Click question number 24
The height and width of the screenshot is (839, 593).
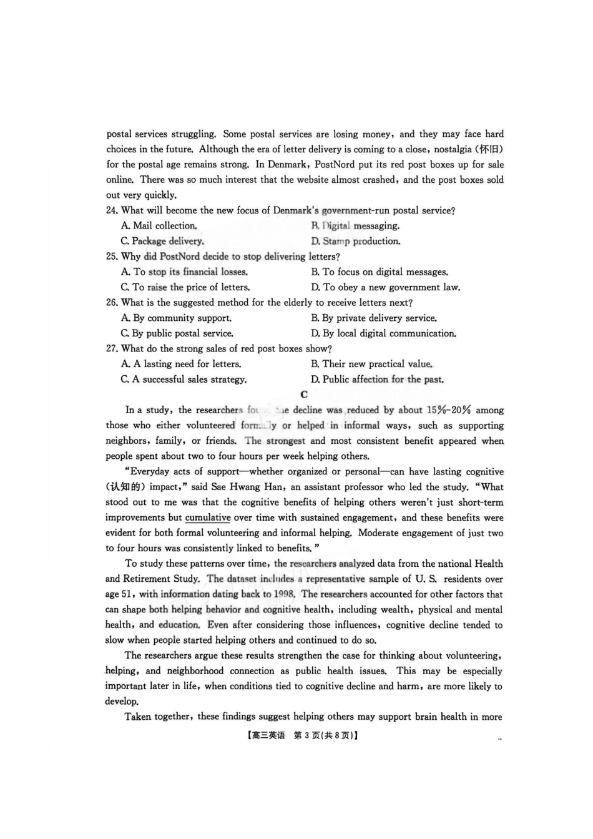click(112, 211)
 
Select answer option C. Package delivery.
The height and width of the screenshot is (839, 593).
click(162, 242)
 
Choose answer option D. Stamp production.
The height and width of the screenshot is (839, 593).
click(356, 242)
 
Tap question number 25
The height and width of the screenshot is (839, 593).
click(112, 257)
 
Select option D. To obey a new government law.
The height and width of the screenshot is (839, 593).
click(386, 288)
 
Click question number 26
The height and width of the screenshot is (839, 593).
click(112, 303)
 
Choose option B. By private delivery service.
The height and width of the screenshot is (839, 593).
click(374, 318)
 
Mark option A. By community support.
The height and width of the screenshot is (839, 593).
click(176, 318)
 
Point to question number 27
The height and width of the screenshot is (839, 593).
click(112, 349)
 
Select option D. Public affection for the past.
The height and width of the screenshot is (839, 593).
click(378, 380)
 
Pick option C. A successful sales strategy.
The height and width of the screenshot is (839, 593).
click(184, 380)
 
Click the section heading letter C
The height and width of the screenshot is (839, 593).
click(304, 395)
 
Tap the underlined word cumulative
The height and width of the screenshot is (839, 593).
click(208, 518)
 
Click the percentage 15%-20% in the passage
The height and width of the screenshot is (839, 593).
click(449, 410)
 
